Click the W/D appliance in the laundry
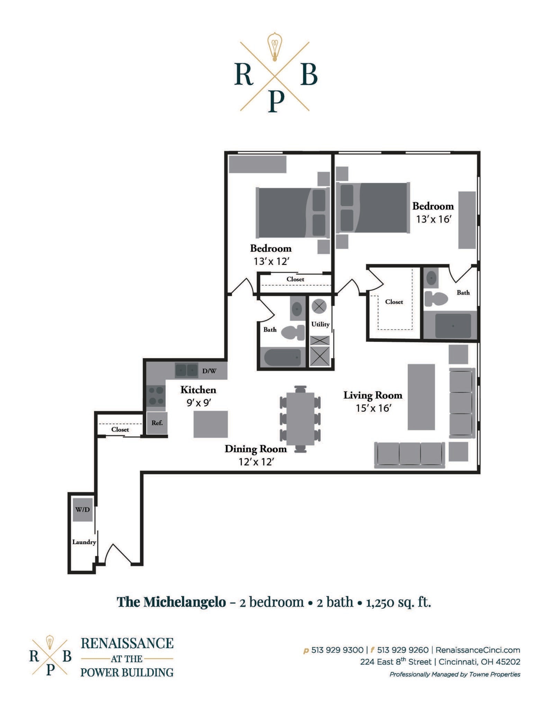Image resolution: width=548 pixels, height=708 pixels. pyautogui.click(x=82, y=510)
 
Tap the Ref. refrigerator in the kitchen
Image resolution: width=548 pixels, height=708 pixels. pyautogui.click(x=157, y=423)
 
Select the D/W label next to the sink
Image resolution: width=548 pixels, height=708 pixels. pyautogui.click(x=209, y=371)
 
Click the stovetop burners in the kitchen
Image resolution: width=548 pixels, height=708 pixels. pyautogui.click(x=156, y=396)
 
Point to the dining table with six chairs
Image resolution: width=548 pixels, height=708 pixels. pyautogui.click(x=300, y=419)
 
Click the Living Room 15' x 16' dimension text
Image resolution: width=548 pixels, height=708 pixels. pyautogui.click(x=373, y=408)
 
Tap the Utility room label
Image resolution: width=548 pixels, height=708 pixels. pyautogui.click(x=320, y=324)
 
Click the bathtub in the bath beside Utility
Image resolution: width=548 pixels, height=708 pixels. pyautogui.click(x=282, y=357)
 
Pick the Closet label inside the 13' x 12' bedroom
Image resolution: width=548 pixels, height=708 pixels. pyautogui.click(x=295, y=279)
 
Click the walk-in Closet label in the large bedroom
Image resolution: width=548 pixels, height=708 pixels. pyautogui.click(x=394, y=302)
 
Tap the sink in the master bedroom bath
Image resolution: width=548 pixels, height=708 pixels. pyautogui.click(x=431, y=278)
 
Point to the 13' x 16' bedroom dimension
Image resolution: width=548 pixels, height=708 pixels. pyautogui.click(x=434, y=219)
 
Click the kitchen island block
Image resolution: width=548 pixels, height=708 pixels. pyautogui.click(x=210, y=424)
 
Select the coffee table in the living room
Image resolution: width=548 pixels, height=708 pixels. pyautogui.click(x=421, y=397)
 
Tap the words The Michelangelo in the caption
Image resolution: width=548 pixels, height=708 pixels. pyautogui.click(x=171, y=602)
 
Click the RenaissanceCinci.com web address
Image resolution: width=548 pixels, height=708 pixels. pyautogui.click(x=478, y=650)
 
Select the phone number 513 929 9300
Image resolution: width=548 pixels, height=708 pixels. pyautogui.click(x=337, y=650)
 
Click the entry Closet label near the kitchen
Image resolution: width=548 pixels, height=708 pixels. pyautogui.click(x=120, y=429)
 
